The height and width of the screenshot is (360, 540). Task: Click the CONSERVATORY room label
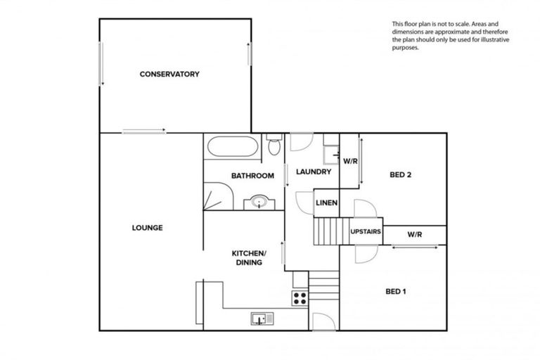coord(169,74)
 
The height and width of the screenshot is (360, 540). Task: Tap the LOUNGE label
coord(147,228)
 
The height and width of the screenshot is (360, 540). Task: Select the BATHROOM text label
coord(252,176)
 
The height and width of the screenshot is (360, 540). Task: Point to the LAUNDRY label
coord(313,172)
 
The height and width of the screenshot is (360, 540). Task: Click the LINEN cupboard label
coord(326,204)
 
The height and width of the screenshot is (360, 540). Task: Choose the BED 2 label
coord(399,175)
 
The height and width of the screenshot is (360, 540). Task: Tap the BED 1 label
coord(396,291)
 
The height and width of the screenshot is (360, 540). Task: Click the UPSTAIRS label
coord(366,231)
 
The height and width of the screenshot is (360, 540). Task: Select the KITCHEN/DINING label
coord(249,257)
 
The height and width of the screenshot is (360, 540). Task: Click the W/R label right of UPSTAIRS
coord(414,234)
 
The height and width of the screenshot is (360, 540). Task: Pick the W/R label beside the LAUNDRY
coord(350,161)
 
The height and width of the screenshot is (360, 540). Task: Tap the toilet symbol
coord(275,146)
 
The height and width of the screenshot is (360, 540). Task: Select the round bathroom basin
coord(259,203)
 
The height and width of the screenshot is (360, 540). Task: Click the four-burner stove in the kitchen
coord(300,297)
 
